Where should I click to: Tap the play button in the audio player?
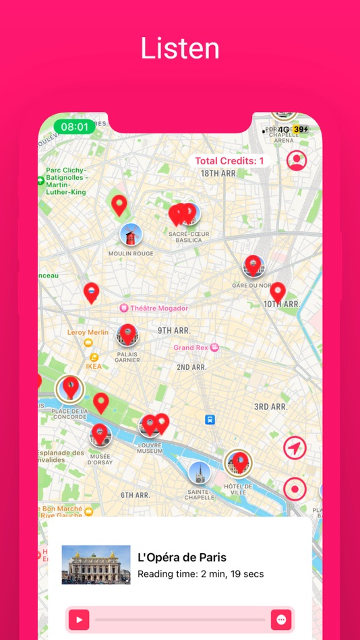pos(79,620)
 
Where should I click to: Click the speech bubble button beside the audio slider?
pos(281,620)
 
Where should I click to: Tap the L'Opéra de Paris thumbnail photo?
pos(96,565)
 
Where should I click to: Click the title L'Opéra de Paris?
pos(182,557)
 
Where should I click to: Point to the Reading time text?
pos(200,575)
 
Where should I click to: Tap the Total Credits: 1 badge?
pos(229,161)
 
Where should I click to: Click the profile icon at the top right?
pos(297,160)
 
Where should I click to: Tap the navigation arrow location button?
pos(295,448)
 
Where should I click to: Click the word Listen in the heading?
pos(180,49)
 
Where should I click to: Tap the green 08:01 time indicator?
pos(75,127)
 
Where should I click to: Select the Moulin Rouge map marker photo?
pos(131,234)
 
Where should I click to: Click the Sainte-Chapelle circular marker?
pos(200,473)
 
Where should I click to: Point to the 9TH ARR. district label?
pos(174,331)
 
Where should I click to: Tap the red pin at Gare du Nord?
pos(253,265)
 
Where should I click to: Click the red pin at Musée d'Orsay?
pos(100,435)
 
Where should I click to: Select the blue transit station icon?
pos(210,419)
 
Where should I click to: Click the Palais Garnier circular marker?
pos(127,335)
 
